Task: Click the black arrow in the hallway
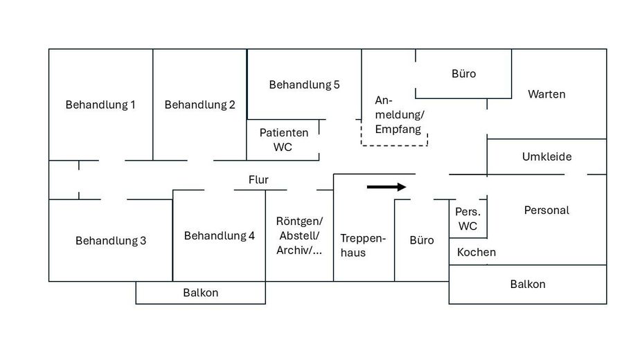coord(386,186)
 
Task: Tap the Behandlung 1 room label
coord(100,105)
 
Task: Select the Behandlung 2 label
coord(199,105)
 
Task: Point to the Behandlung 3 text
coord(111,241)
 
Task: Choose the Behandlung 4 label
coord(219,236)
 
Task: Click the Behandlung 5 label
coord(304,85)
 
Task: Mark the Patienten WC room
coord(283,140)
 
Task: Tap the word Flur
coord(258,180)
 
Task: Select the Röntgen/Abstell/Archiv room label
coord(299,236)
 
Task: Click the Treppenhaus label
coord(363,245)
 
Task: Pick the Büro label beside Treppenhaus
coord(422,240)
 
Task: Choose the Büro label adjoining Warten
coord(463,73)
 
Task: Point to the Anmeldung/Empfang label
coord(399,114)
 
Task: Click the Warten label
coord(546,94)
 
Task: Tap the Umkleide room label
coord(546,157)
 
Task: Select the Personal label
coord(546,210)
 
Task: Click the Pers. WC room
coord(468,219)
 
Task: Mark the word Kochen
coord(477,252)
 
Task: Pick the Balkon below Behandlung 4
coord(200,293)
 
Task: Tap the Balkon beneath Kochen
coord(528,285)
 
